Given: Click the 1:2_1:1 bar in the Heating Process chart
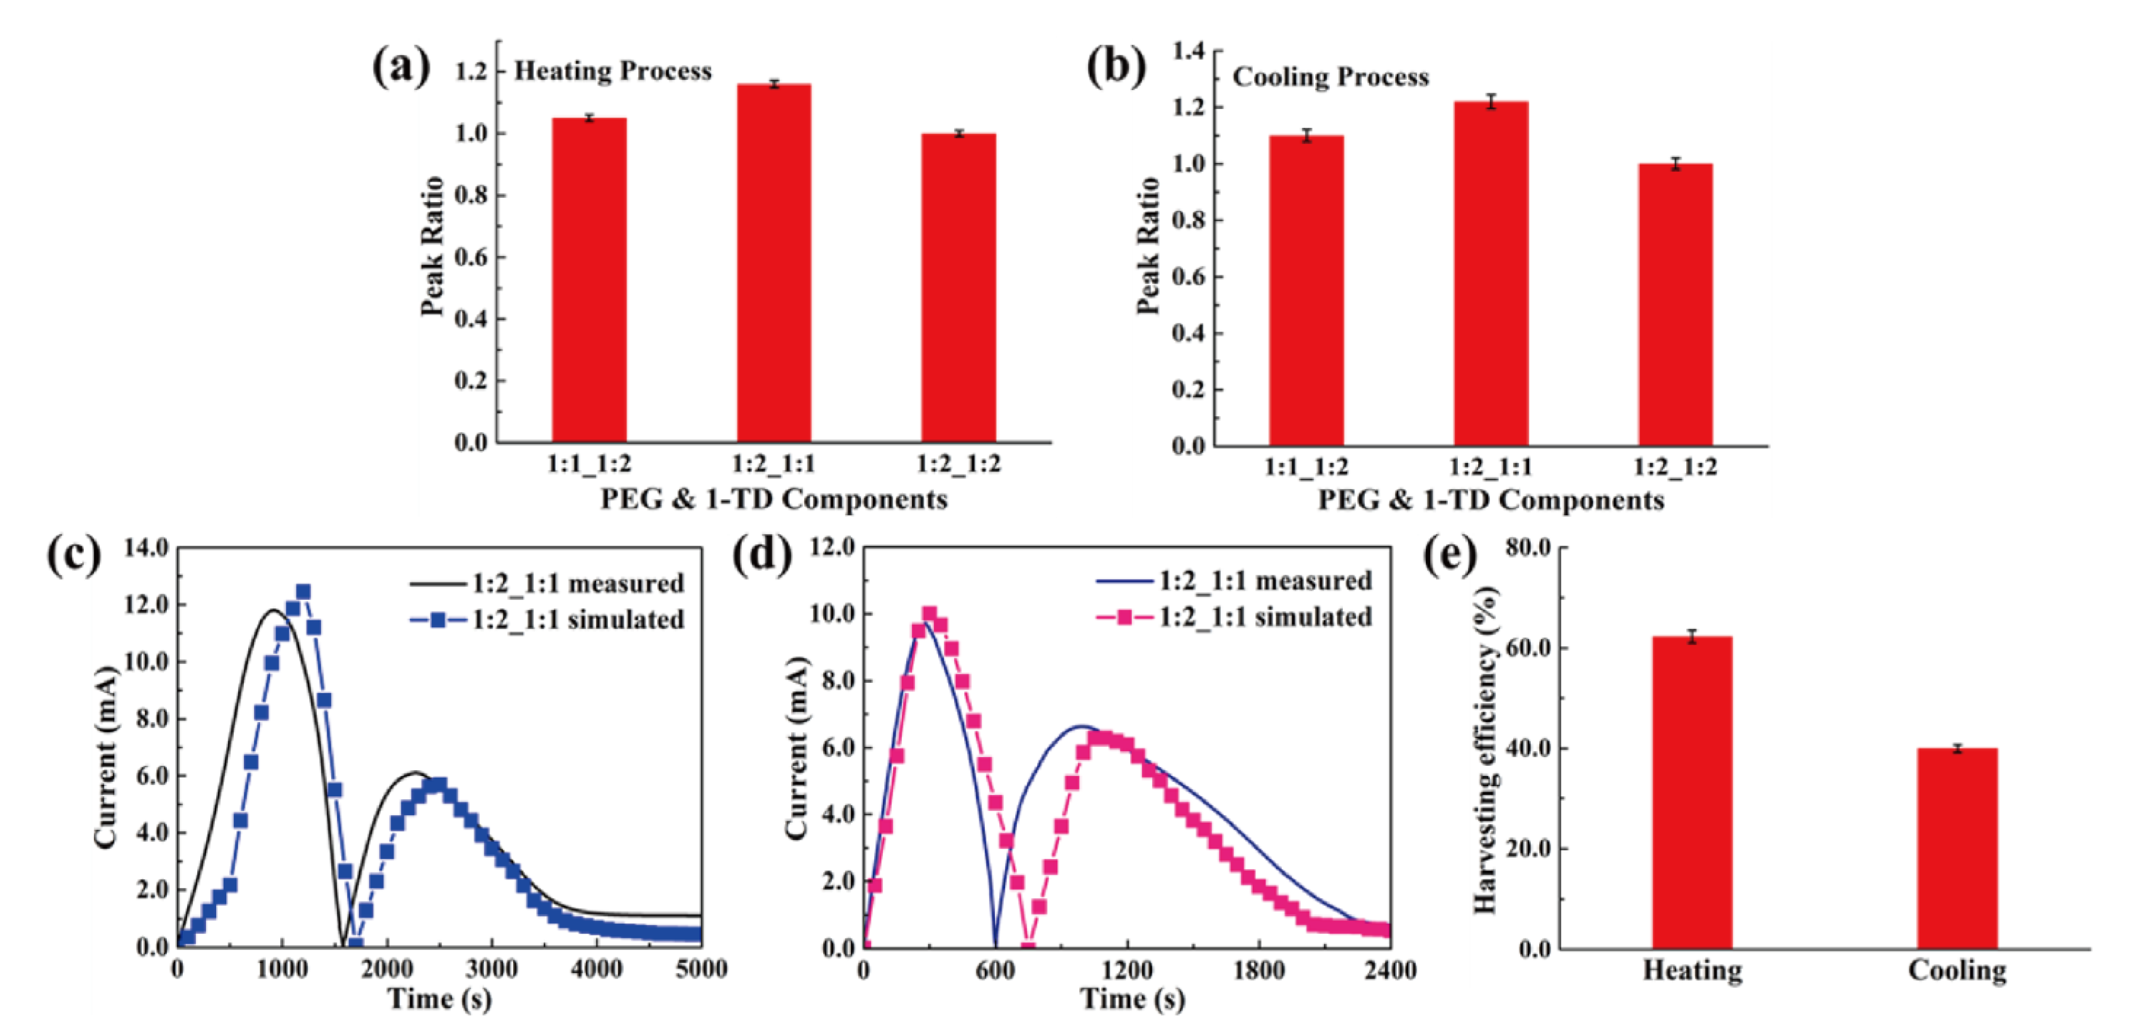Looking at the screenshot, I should click(773, 263).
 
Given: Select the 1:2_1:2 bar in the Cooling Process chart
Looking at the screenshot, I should click(1675, 304).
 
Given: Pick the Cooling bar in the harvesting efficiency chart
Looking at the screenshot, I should click(1957, 848).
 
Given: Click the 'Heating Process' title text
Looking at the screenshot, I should click(612, 72).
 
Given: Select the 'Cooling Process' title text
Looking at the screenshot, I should click(1330, 78).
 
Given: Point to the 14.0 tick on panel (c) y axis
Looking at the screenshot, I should click(146, 548).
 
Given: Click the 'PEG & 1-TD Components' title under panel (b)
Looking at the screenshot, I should click(1491, 501).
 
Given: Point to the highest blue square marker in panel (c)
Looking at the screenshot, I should click(303, 592).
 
